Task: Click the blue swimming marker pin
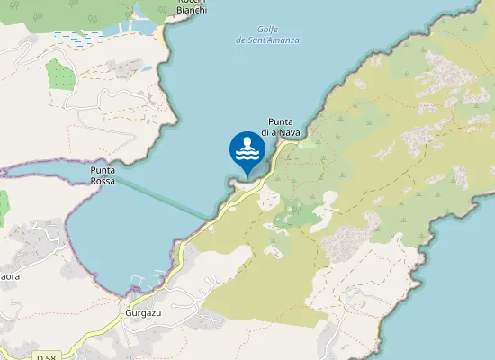tap(247, 152)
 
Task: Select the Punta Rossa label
tap(103, 175)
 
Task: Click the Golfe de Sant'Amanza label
tap(267, 35)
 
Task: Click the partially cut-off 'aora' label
tap(9, 276)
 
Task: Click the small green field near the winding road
tap(60, 74)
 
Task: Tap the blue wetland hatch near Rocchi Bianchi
tap(79, 37)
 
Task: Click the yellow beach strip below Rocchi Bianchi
tap(161, 34)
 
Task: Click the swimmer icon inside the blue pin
tap(247, 148)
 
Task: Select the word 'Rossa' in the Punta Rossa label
tap(103, 180)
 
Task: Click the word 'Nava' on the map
tap(288, 132)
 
